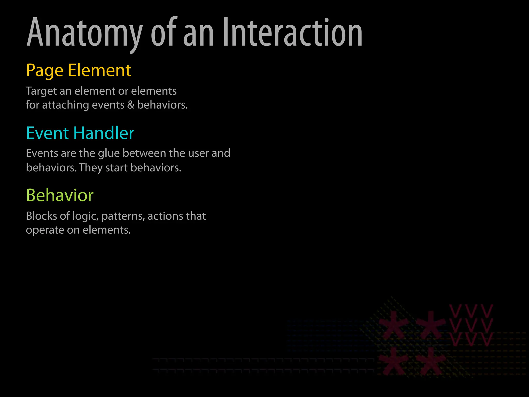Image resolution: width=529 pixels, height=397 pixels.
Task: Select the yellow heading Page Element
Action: click(79, 70)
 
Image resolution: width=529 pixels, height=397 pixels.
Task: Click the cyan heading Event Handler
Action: click(80, 133)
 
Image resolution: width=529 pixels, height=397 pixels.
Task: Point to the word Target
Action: click(41, 91)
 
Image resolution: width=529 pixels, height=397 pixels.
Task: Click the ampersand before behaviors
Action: click(131, 105)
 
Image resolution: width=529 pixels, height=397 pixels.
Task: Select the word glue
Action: click(109, 154)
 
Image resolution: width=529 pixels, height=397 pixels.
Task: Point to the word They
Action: click(91, 168)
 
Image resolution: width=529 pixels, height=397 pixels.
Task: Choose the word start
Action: click(116, 168)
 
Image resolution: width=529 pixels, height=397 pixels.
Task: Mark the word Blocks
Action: click(41, 216)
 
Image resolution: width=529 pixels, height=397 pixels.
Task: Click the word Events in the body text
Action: click(42, 153)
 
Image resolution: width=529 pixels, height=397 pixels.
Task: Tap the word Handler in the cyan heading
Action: click(104, 133)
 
